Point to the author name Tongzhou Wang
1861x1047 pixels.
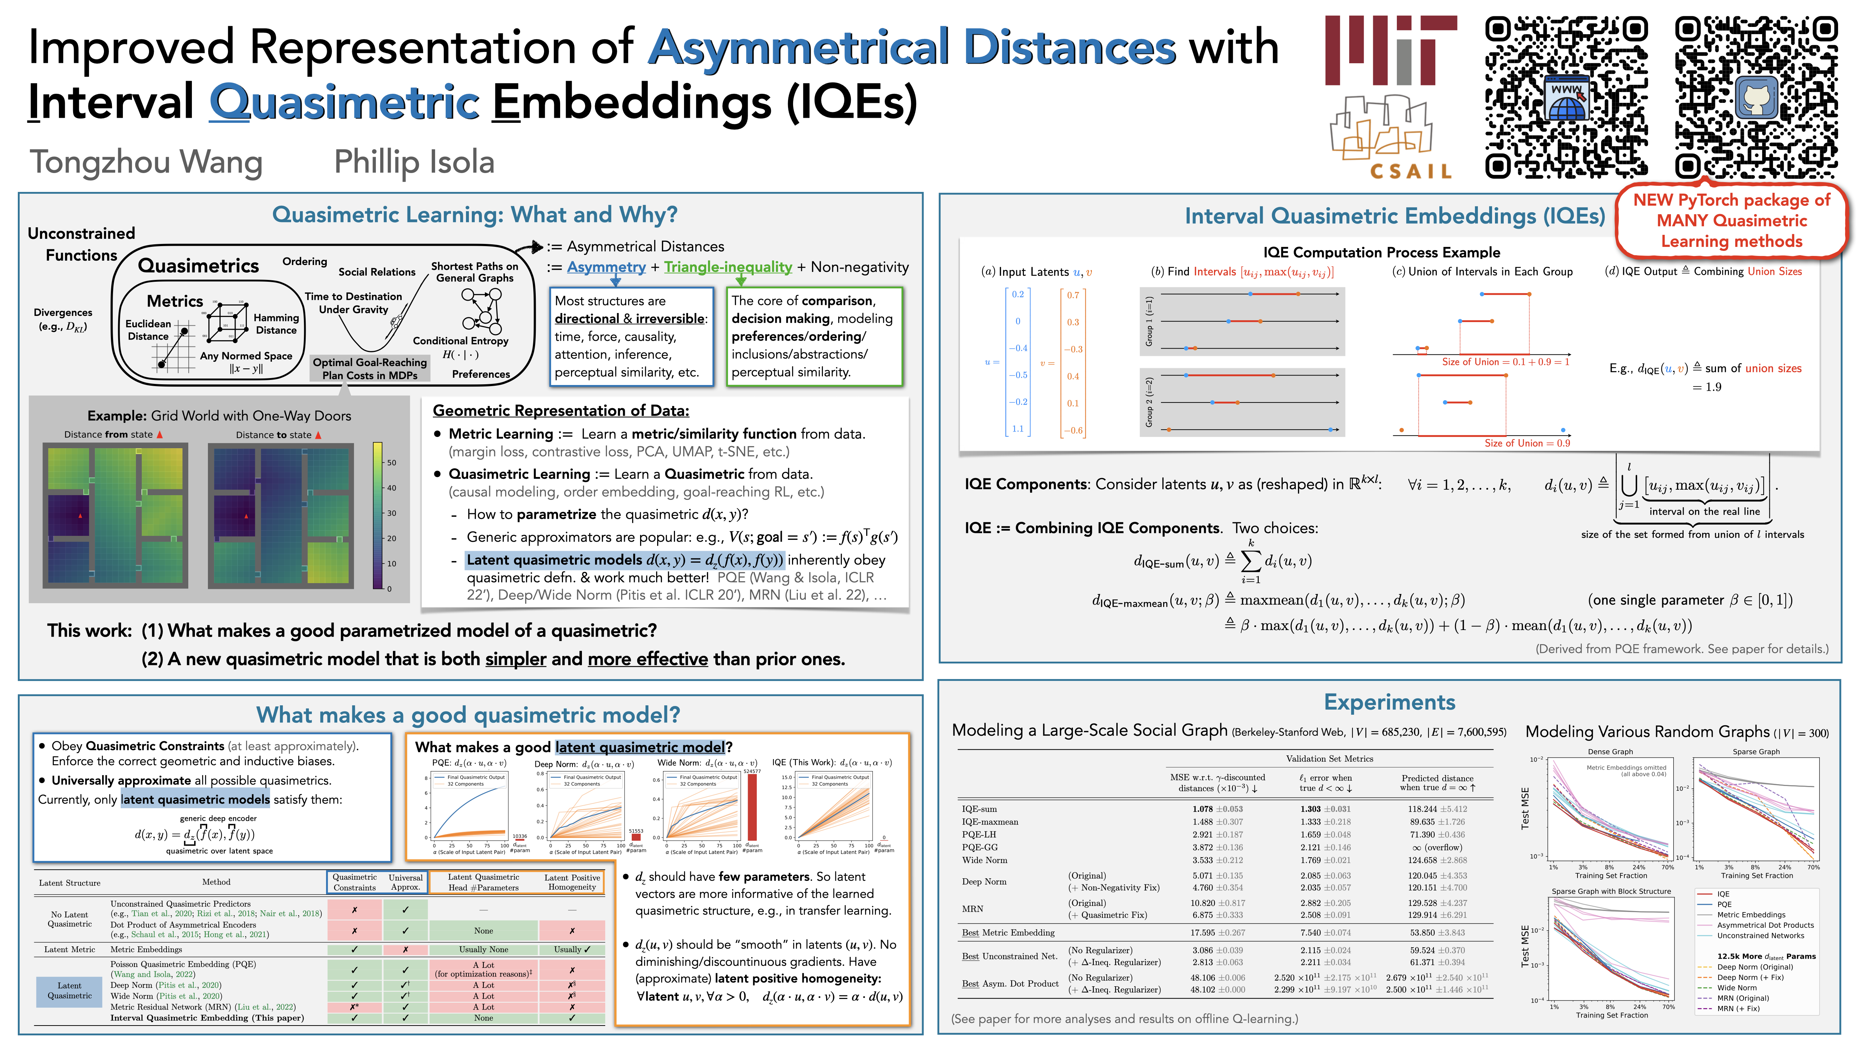coord(146,162)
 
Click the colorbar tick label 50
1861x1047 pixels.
coord(391,462)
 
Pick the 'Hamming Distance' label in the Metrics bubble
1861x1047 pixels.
coord(276,324)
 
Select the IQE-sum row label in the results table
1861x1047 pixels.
coord(979,809)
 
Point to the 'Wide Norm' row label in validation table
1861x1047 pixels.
coord(984,860)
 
